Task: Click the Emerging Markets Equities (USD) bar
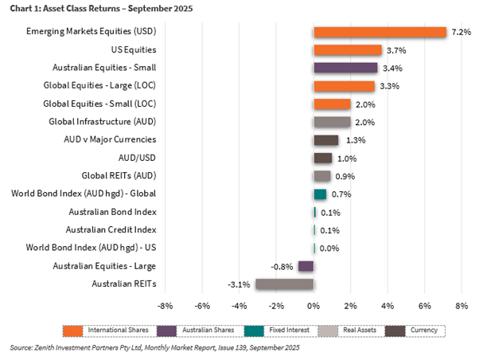pos(380,33)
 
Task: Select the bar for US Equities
pos(348,50)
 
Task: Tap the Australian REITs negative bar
pos(284,284)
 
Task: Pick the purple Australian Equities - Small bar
pos(345,68)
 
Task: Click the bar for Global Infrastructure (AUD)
pos(332,122)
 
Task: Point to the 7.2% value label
pos(461,33)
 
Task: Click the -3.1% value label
pos(239,284)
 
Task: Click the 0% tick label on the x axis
pos(313,305)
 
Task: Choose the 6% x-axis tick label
pos(424,305)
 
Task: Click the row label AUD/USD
pos(133,158)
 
